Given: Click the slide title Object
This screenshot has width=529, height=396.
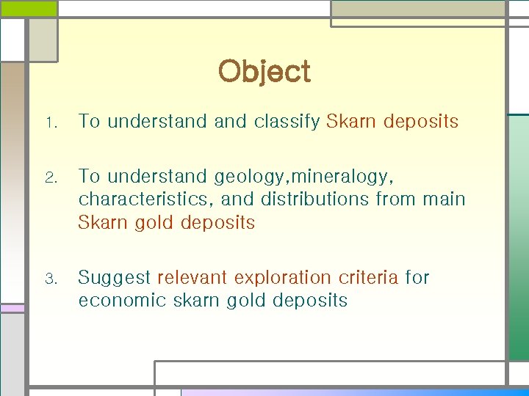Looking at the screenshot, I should (264, 72).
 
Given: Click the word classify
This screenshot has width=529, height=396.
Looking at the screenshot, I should (287, 122).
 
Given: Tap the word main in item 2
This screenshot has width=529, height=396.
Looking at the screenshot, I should (444, 199).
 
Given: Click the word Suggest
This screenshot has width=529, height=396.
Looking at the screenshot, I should (114, 278).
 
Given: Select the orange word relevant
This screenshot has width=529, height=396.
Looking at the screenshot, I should (192, 277).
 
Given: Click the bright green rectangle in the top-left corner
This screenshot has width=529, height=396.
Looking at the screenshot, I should (29, 8).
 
